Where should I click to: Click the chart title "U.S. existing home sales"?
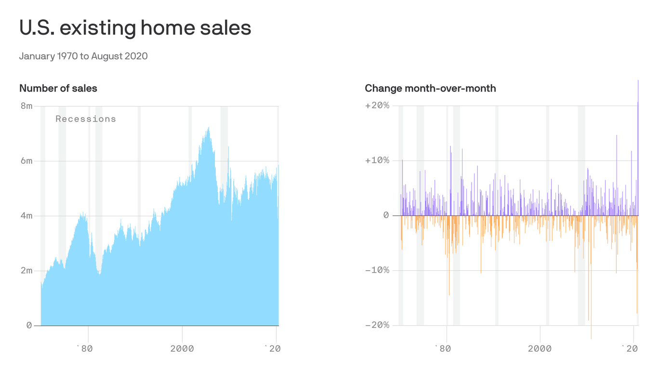(x=135, y=28)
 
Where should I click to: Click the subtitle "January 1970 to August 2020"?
(x=83, y=56)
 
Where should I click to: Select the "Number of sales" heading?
(x=58, y=88)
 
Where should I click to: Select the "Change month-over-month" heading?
(x=430, y=88)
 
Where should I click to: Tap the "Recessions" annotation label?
(x=86, y=119)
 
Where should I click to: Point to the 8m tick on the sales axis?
(x=26, y=106)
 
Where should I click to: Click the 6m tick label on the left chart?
(x=26, y=161)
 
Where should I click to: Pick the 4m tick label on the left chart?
(x=26, y=216)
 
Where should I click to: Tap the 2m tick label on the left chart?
(x=26, y=270)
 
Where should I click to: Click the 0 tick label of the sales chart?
(x=29, y=325)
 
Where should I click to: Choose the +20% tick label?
(x=377, y=106)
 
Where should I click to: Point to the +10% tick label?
(x=377, y=161)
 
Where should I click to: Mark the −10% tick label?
(x=377, y=270)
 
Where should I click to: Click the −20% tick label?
(x=377, y=325)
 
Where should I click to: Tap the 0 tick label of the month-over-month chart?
(x=386, y=215)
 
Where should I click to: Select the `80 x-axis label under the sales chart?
(x=84, y=348)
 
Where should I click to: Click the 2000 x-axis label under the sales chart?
(x=182, y=348)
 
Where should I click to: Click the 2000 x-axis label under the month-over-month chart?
(x=540, y=348)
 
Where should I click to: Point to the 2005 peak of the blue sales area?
(x=208, y=129)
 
